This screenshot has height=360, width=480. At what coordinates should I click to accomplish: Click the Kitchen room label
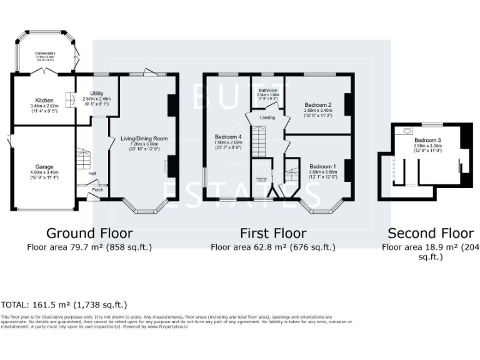[44, 100]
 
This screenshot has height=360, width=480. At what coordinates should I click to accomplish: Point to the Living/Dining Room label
[144, 138]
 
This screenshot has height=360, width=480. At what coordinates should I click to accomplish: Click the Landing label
[267, 117]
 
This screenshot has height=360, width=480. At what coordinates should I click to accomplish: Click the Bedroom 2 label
[317, 104]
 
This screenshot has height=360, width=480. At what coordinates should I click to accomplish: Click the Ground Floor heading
[89, 233]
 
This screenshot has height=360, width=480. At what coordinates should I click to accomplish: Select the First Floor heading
[272, 233]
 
